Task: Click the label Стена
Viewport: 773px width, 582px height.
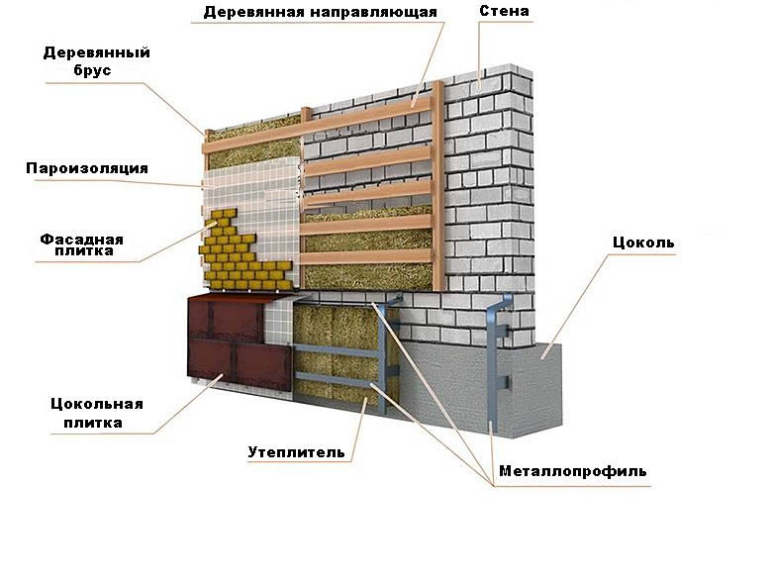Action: pyautogui.click(x=504, y=12)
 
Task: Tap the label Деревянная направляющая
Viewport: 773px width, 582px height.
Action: pyautogui.click(x=320, y=12)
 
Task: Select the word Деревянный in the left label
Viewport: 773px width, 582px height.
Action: pyautogui.click(x=96, y=52)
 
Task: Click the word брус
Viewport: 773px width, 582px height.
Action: pyautogui.click(x=96, y=71)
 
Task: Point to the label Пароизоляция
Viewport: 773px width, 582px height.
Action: pyautogui.click(x=87, y=168)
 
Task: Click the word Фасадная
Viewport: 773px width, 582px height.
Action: pyautogui.click(x=82, y=239)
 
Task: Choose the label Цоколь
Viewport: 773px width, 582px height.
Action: pyautogui.click(x=642, y=242)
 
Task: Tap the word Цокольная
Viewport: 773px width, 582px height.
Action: pyautogui.click(x=96, y=404)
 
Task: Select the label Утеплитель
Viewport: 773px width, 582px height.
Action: pyautogui.click(x=296, y=452)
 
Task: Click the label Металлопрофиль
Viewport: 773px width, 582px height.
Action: pyautogui.click(x=572, y=471)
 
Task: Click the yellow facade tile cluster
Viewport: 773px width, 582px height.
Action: pyautogui.click(x=242, y=252)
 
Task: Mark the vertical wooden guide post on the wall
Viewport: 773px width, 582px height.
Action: pyautogui.click(x=437, y=183)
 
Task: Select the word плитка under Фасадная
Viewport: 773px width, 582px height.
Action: pyautogui.click(x=83, y=254)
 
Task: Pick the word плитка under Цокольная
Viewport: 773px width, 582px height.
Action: pyautogui.click(x=96, y=423)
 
